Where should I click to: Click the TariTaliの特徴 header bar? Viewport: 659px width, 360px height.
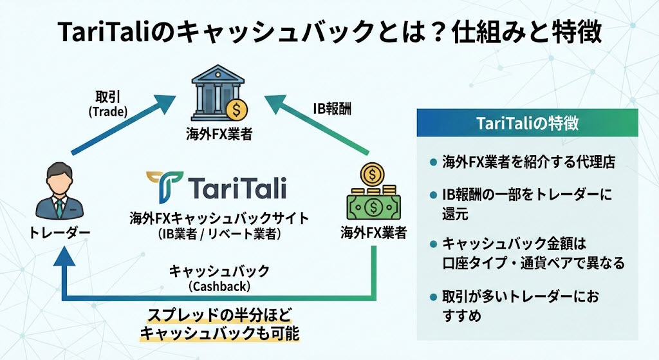526,122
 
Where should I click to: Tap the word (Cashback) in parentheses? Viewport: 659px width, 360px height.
218,285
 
